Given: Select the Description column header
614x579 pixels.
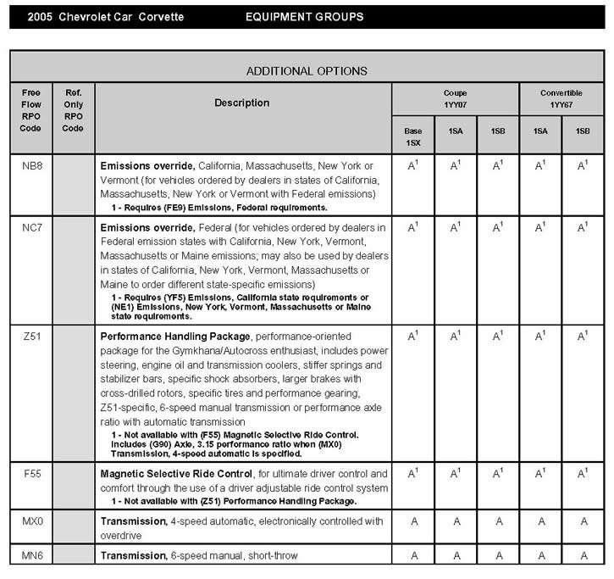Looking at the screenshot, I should click(x=242, y=103).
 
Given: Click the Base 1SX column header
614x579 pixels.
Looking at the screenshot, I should click(x=412, y=136).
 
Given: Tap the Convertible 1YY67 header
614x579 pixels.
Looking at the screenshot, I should click(x=561, y=98).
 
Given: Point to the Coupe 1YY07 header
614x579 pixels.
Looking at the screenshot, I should click(x=455, y=98).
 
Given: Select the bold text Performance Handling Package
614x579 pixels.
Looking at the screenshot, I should click(x=174, y=337).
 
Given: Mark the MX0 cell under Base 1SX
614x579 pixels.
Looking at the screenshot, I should click(x=412, y=521).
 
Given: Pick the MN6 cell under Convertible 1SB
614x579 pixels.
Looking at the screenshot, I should click(x=583, y=556).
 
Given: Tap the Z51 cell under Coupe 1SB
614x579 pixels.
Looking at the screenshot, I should click(x=498, y=336).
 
